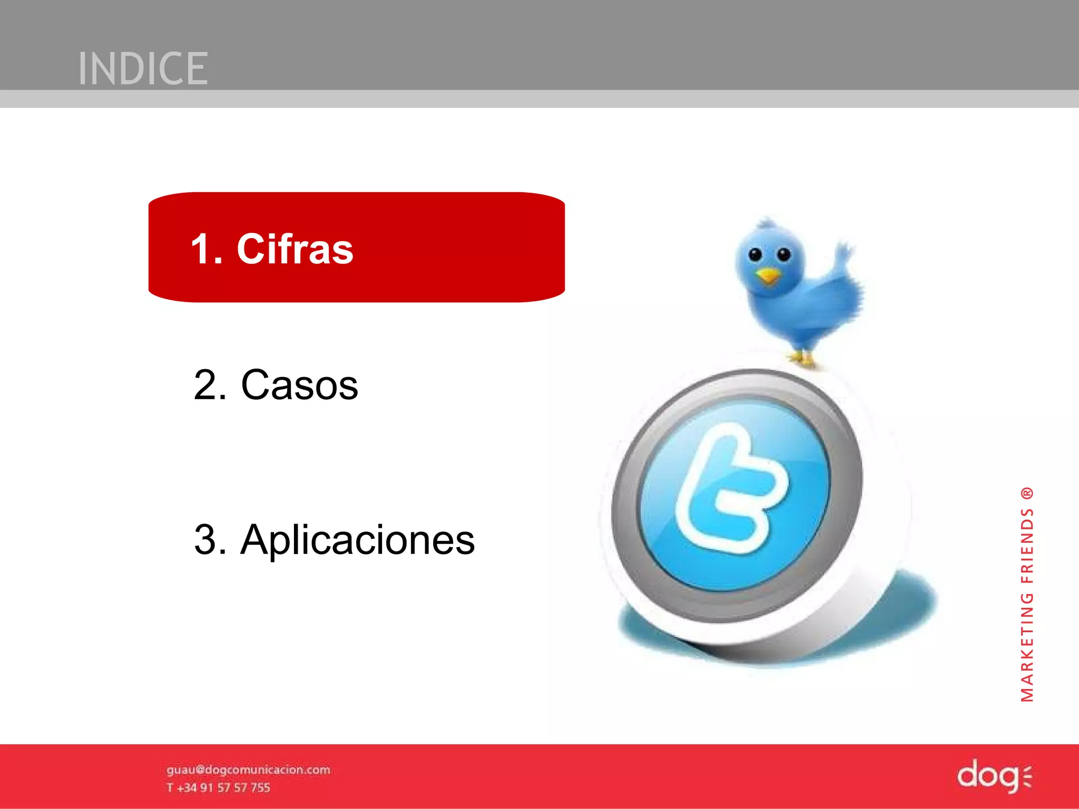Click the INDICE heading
143,68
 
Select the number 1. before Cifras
206,249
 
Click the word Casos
299,385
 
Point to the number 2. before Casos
210,385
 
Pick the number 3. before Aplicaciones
210,540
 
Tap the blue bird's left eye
755,255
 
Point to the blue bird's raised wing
845,258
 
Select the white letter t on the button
732,490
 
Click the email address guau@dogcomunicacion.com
248,770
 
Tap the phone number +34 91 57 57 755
223,788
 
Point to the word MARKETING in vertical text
1027,648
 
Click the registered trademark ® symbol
1027,494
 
